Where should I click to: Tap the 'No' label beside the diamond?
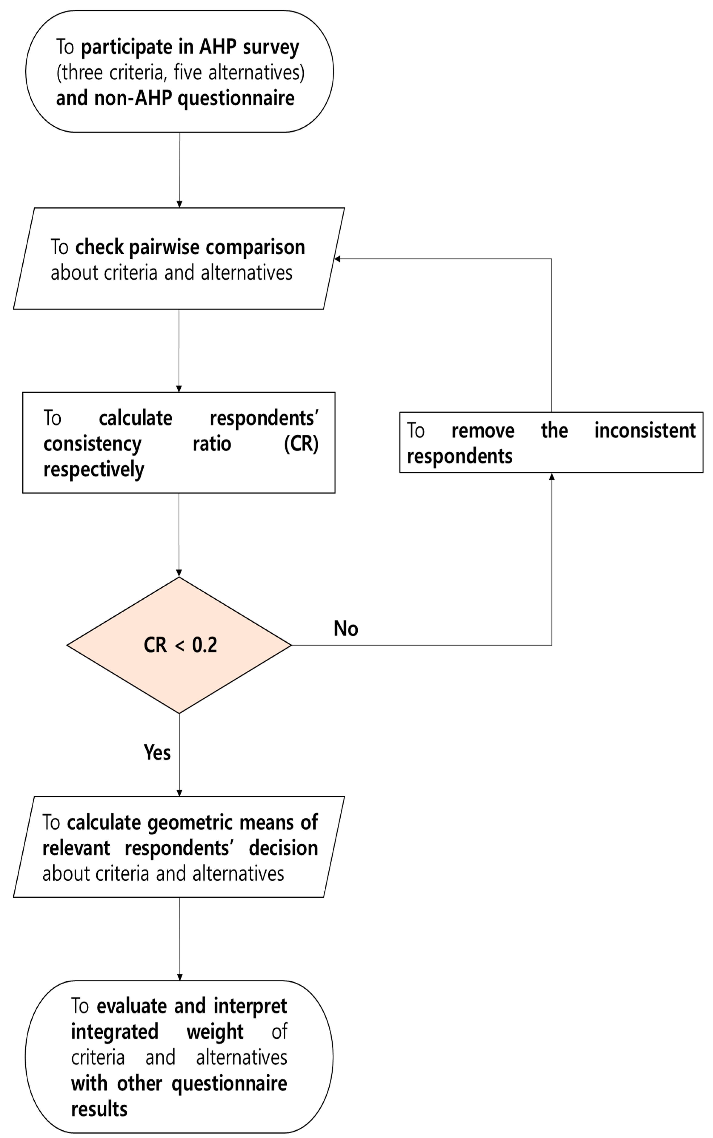[346, 629]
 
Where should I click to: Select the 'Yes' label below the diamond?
[157, 752]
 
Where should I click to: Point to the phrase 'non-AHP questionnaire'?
[194, 98]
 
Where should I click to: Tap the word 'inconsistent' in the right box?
[645, 431]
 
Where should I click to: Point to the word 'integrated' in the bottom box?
[115, 1031]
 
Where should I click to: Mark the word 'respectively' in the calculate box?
[94, 470]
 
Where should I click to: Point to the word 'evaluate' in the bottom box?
[132, 1006]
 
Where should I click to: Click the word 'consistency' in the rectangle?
[92, 444]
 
